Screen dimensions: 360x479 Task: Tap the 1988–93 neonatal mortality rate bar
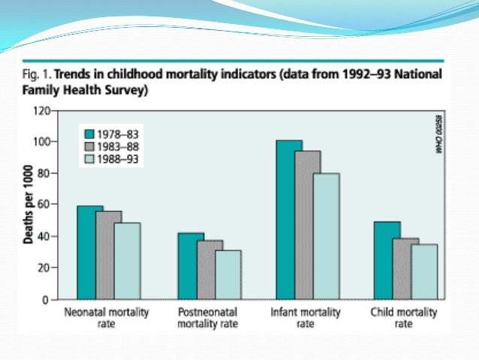pyautogui.click(x=127, y=261)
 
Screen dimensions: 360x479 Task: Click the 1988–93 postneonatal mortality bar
pyautogui.click(x=228, y=274)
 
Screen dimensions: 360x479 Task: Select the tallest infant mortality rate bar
pyautogui.click(x=288, y=219)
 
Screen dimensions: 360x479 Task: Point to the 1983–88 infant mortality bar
pyautogui.click(x=308, y=225)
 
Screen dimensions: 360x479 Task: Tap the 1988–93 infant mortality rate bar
pyautogui.click(x=327, y=236)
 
